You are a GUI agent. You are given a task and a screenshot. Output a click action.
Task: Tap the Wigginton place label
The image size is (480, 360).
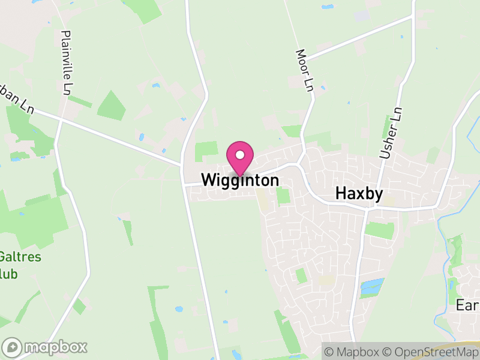pos(240,180)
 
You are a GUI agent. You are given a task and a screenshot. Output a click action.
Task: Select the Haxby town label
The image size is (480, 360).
pos(359,193)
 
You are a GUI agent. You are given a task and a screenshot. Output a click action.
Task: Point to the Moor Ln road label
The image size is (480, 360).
pos(304,71)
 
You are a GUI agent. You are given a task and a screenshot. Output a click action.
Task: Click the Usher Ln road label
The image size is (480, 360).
pos(391,133)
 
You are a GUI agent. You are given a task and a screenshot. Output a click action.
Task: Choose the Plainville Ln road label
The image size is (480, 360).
pos(67,62)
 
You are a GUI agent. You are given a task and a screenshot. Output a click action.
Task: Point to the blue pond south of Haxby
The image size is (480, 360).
pos(372,286)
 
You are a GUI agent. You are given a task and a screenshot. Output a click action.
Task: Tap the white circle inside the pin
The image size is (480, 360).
pos(240,155)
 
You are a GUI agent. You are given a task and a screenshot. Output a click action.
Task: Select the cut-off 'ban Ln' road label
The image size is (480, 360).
pos(16,98)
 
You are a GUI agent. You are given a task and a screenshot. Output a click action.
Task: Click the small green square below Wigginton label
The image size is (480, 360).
pos(283,196)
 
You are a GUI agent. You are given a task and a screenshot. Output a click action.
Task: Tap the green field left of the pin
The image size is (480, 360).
pos(206,151)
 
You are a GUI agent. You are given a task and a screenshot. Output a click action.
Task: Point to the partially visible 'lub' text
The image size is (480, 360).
pos(9,274)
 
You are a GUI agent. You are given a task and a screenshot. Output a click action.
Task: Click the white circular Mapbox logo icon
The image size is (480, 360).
pos(13,347)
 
